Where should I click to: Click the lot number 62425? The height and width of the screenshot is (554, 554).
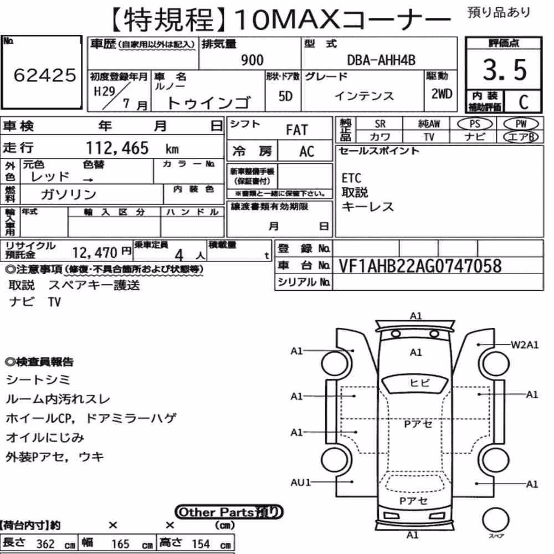(x=44, y=75)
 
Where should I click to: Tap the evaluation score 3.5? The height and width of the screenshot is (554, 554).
(x=505, y=70)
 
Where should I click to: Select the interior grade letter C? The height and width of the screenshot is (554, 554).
(x=524, y=102)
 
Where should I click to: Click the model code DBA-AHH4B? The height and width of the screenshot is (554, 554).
(x=381, y=60)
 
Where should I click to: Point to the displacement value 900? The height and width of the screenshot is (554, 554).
(x=252, y=60)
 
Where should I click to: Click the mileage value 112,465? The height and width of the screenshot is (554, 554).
(x=117, y=148)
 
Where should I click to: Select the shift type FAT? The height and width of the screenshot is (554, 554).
(x=297, y=130)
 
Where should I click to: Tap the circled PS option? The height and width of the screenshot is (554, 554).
(x=475, y=124)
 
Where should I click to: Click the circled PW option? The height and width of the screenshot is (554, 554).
(x=521, y=124)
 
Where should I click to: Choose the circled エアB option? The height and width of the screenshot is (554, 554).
(x=521, y=137)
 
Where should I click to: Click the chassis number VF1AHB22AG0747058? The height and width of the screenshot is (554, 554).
(x=420, y=266)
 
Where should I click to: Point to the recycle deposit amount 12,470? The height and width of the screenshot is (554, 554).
(x=95, y=253)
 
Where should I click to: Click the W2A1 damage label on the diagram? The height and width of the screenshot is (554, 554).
(x=525, y=345)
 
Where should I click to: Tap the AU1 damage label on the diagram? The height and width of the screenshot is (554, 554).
(x=301, y=483)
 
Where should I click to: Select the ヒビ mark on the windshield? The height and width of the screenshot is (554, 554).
(x=419, y=383)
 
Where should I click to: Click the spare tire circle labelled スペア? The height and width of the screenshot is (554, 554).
(x=496, y=520)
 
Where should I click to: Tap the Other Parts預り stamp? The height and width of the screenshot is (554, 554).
(x=229, y=512)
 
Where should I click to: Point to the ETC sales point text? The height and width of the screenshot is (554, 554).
(x=351, y=178)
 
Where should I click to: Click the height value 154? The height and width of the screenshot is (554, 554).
(x=201, y=544)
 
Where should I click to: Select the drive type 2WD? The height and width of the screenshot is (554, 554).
(x=442, y=94)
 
